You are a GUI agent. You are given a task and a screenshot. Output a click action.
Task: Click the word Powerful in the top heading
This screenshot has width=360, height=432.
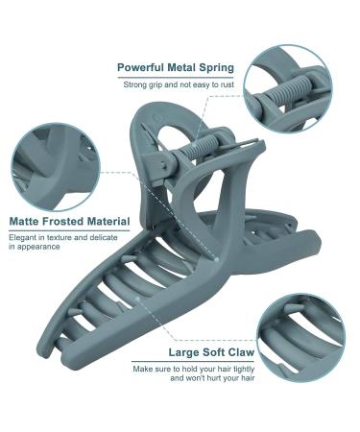pos(141,68)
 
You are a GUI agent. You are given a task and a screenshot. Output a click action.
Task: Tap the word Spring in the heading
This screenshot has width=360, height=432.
pos(217,68)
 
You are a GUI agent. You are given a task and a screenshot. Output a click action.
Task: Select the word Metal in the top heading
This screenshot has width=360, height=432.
pos(181,68)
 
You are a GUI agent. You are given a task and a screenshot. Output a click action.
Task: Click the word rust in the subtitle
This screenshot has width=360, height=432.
pos(228,84)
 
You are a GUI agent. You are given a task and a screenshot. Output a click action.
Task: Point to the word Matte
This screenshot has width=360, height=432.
pos(24,222)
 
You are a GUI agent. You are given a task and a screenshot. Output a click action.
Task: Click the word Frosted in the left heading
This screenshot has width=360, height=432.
pos(63,222)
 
